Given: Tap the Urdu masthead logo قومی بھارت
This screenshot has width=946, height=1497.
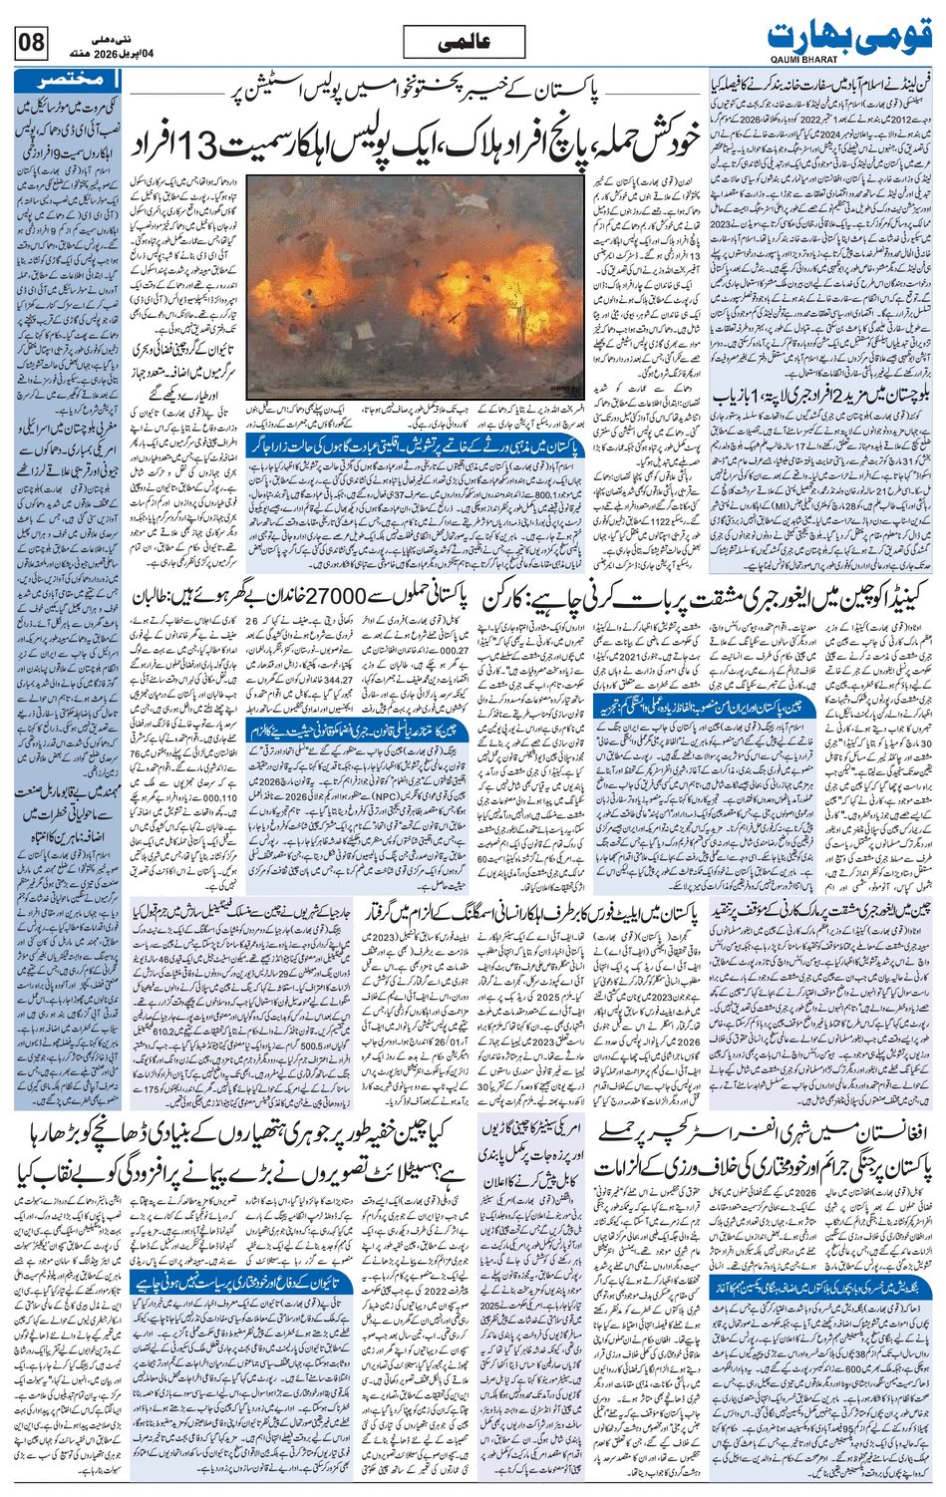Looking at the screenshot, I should (x=851, y=37).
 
